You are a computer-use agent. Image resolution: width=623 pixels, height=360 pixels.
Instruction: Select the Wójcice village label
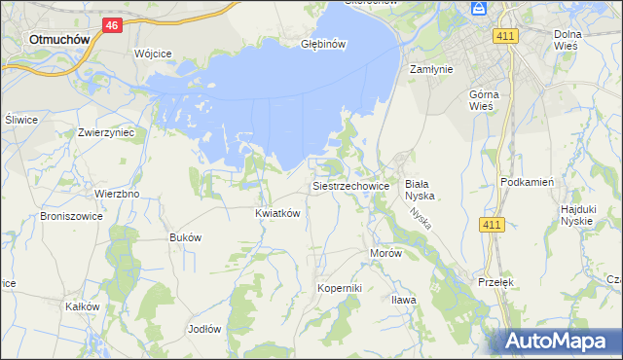(x=153, y=53)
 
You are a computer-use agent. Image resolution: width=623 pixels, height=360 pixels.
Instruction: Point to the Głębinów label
(x=323, y=43)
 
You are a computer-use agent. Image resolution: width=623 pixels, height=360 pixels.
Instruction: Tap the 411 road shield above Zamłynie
(x=504, y=36)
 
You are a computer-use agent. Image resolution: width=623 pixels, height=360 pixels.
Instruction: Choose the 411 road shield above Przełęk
(x=492, y=225)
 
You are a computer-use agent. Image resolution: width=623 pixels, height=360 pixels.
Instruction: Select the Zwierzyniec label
(x=105, y=131)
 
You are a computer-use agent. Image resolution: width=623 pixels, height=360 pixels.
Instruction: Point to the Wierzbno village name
(x=117, y=194)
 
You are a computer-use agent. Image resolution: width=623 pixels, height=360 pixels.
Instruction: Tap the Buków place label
(x=185, y=237)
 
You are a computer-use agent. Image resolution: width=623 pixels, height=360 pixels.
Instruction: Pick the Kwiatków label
(x=277, y=213)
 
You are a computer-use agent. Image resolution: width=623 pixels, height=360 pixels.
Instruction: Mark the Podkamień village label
(x=526, y=182)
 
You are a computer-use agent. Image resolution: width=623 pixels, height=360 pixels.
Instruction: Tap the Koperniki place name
(x=340, y=289)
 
